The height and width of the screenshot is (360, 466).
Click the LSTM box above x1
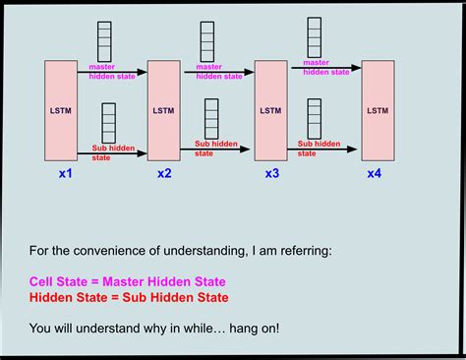(x=61, y=111)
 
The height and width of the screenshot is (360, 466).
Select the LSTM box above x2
(x=164, y=111)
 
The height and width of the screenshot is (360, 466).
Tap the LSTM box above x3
(x=271, y=111)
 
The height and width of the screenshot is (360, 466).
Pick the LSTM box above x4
(x=377, y=111)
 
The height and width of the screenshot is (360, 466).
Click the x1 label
(x=66, y=174)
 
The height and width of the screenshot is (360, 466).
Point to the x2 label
(x=164, y=174)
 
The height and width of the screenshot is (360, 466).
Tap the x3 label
(x=271, y=174)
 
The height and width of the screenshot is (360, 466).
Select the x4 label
(x=375, y=174)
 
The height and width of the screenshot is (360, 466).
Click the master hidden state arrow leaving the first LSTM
(x=112, y=71)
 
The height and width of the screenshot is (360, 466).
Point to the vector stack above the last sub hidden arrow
(x=315, y=119)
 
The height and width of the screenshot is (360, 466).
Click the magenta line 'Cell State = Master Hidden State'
(x=127, y=281)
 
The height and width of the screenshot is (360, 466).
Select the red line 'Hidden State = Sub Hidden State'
(x=129, y=297)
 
